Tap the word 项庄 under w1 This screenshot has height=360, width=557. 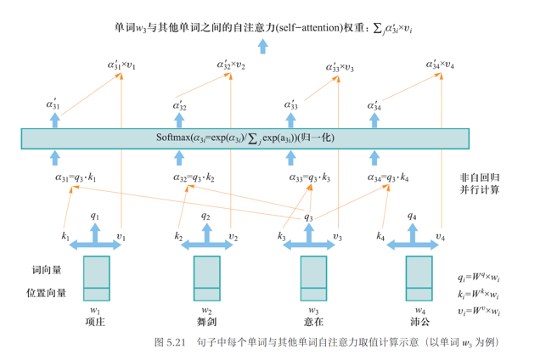96,322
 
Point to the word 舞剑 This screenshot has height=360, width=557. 206,322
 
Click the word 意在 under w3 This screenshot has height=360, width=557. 313,322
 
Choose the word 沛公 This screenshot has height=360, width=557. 418,322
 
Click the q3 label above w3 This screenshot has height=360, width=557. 308,217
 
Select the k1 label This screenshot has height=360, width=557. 65,235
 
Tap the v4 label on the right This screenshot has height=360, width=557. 439,235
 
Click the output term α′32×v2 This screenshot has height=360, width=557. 231,65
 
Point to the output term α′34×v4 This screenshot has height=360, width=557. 439,65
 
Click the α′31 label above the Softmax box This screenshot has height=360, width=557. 53,105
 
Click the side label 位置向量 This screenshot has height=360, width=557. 49,294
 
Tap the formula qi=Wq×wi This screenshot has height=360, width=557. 478,277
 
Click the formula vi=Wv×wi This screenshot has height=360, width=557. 478,312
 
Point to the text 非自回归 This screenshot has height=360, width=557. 479,177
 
